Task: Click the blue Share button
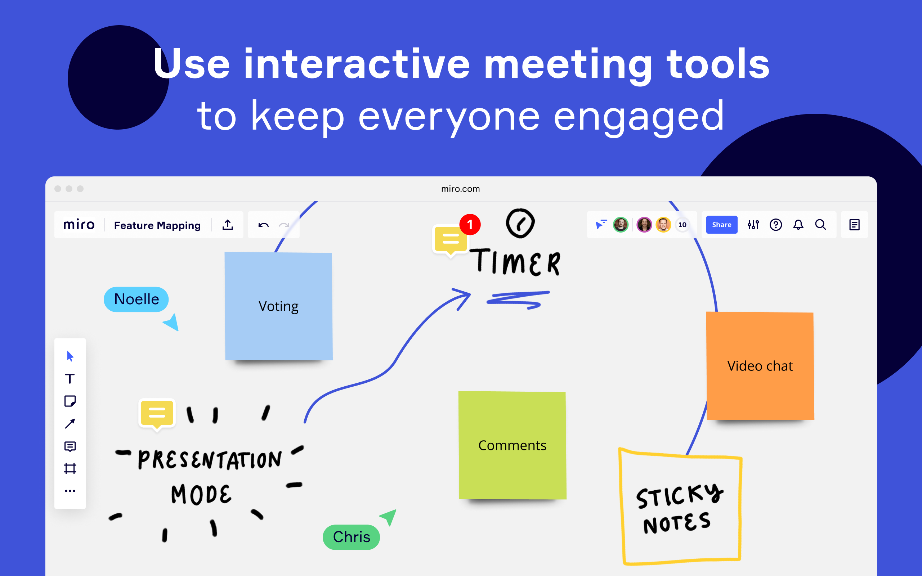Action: coord(721,225)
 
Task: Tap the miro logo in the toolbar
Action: coord(79,225)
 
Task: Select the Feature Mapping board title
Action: coord(157,225)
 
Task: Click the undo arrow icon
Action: coord(263,225)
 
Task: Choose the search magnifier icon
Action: coord(820,225)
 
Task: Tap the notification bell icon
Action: coord(798,225)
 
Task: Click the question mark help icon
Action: coord(776,225)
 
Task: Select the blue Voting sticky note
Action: coord(278,306)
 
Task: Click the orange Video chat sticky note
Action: coord(760,366)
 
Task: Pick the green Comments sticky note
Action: coord(512,445)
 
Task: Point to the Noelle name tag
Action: coord(136,300)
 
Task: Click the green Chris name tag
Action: coord(351,537)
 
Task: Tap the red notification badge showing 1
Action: coord(470,224)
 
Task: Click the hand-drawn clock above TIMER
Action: coord(520,223)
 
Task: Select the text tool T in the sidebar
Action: coord(70,379)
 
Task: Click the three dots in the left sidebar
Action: coord(70,491)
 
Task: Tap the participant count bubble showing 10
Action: coord(682,225)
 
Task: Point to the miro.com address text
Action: coord(460,189)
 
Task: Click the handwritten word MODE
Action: coord(201,495)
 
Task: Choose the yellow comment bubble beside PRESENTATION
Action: coord(157,413)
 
